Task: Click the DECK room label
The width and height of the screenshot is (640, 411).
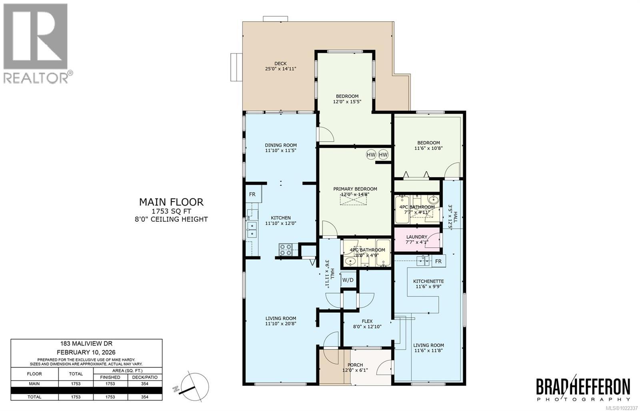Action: click(280, 64)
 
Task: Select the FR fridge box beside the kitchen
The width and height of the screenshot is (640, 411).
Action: click(252, 195)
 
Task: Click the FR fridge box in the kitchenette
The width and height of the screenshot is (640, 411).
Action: click(438, 261)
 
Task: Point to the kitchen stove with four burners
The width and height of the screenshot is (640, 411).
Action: click(286, 250)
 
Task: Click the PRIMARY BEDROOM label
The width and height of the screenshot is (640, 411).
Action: click(355, 189)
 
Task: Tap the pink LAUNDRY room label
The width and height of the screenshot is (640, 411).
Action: click(417, 237)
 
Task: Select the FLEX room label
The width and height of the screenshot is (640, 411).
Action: click(367, 321)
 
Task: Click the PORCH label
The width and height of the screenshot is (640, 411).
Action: click(355, 365)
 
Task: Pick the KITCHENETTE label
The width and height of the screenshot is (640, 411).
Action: click(428, 281)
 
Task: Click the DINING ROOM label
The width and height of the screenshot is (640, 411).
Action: click(281, 145)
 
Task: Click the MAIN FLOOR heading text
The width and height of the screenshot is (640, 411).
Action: click(171, 202)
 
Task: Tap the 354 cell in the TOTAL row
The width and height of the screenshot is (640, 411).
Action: click(145, 397)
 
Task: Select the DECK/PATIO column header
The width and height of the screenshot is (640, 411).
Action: click(145, 377)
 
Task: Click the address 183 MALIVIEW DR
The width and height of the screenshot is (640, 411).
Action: click(86, 343)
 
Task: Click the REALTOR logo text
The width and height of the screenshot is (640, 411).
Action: click(36, 77)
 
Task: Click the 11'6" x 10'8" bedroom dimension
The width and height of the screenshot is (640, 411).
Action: click(428, 148)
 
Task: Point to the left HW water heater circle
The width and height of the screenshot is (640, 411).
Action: click(371, 155)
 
